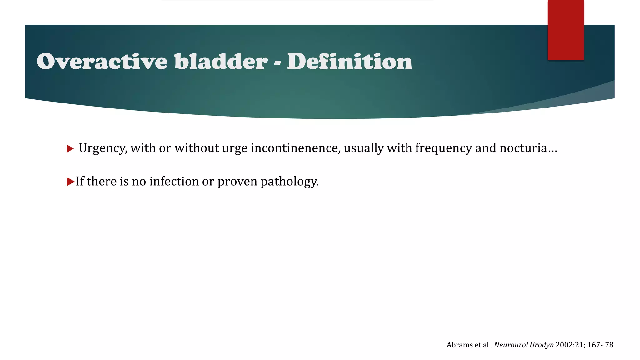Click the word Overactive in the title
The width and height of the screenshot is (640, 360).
[102, 61]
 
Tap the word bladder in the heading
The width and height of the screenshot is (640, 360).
[221, 61]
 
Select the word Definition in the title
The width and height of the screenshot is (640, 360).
[350, 61]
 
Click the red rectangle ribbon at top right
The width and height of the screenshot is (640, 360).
[566, 30]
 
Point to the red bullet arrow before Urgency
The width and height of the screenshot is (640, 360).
[70, 148]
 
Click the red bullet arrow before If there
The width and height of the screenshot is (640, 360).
[70, 182]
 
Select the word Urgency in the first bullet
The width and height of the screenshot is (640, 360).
[102, 148]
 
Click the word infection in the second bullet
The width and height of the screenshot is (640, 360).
[174, 181]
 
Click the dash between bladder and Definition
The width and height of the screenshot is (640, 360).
[277, 62]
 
